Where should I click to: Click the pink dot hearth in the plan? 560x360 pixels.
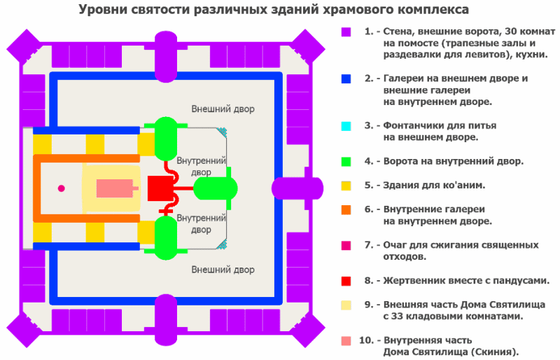coord(62,188)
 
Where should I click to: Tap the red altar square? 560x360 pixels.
coord(160,188)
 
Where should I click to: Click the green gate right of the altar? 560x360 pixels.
coord(215,188)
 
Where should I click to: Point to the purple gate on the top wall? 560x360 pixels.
coord(167,48)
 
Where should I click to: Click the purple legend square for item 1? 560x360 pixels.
coord(346,32)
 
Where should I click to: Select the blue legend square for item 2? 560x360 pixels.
coord(346,79)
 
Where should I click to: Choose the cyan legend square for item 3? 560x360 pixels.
coord(346,126)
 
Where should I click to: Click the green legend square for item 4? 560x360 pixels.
coord(346,162)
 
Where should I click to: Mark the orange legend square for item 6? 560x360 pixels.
coord(346,209)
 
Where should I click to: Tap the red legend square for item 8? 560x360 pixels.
coord(346,281)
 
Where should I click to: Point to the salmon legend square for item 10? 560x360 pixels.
coord(346,340)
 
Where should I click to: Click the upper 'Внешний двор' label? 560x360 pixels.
coord(223,109)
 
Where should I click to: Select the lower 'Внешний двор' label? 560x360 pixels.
coord(223,270)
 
